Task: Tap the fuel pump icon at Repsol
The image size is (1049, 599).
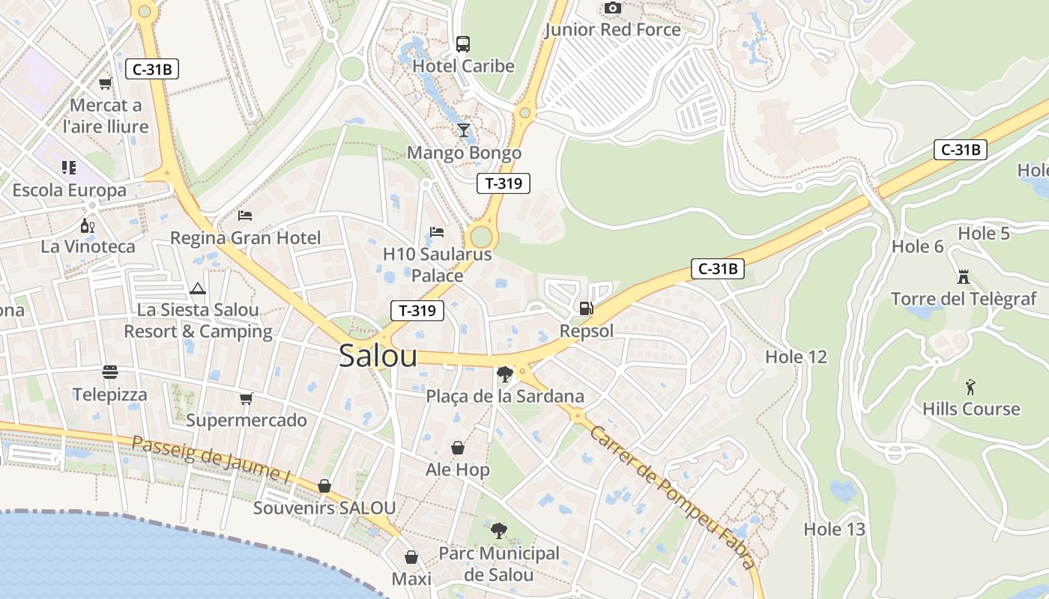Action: (x=587, y=308)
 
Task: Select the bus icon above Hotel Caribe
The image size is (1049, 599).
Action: (x=463, y=43)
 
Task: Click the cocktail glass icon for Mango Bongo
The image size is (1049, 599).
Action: (x=464, y=130)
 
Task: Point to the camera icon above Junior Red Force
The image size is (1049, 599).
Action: (x=613, y=7)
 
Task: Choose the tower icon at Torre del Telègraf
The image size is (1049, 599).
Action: (x=964, y=276)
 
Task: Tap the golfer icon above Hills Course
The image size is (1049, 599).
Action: (x=971, y=387)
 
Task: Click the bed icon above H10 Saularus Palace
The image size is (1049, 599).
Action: (x=437, y=232)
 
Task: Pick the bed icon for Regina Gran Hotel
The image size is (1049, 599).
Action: (x=245, y=216)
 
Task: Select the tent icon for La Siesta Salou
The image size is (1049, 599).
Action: (x=198, y=288)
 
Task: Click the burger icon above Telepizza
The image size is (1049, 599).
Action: (x=110, y=372)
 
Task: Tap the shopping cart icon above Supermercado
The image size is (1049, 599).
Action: (x=246, y=398)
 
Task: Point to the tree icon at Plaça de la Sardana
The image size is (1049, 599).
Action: (x=504, y=374)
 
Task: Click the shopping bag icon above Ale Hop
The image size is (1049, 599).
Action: (x=457, y=448)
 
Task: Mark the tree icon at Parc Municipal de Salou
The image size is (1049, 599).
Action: (x=498, y=531)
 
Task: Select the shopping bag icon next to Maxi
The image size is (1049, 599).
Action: (x=411, y=557)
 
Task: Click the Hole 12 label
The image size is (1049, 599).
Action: (x=796, y=357)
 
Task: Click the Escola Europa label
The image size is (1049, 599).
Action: (x=70, y=190)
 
